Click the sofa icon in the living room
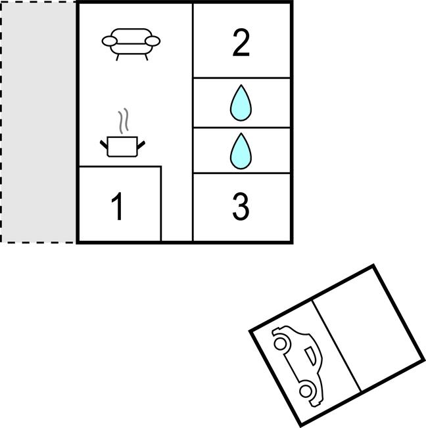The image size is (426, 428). pyautogui.click(x=131, y=44)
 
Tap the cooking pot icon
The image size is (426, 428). pyautogui.click(x=122, y=146)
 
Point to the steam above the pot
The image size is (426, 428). pyautogui.click(x=124, y=120)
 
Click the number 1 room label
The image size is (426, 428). pyautogui.click(x=117, y=206)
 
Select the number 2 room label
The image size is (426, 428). pyautogui.click(x=241, y=43)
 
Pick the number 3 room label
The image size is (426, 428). pyautogui.click(x=241, y=207)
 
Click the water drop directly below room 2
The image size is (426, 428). pyautogui.click(x=241, y=103)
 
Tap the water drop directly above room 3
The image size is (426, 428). pyautogui.click(x=241, y=151)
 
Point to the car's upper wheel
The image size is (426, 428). pyautogui.click(x=280, y=343)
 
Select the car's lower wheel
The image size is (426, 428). pyautogui.click(x=306, y=391)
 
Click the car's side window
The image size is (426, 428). pyautogui.click(x=310, y=356)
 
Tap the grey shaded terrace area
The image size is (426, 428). pyautogui.click(x=39, y=122)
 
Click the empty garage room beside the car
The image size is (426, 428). pyautogui.click(x=367, y=329)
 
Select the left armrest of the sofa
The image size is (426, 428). pyautogui.click(x=110, y=41)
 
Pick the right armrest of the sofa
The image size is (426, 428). pyautogui.click(x=153, y=41)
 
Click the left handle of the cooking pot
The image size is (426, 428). pyautogui.click(x=104, y=144)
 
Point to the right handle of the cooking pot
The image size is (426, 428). pyautogui.click(x=141, y=145)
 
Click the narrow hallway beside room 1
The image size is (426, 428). pyautogui.click(x=177, y=203)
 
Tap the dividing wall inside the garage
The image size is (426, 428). pyautogui.click(x=337, y=346)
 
